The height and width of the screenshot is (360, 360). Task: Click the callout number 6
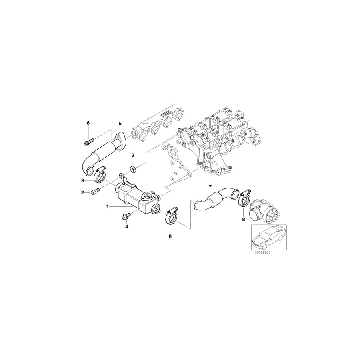(x=88, y=123)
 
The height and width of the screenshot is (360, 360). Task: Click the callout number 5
(x=120, y=124)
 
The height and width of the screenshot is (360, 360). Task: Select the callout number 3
(x=133, y=156)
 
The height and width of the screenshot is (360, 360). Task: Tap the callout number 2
(x=82, y=193)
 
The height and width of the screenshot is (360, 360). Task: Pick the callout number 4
(x=126, y=227)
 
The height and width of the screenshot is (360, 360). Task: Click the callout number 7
(x=210, y=187)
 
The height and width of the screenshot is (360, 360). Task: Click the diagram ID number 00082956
(x=262, y=252)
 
